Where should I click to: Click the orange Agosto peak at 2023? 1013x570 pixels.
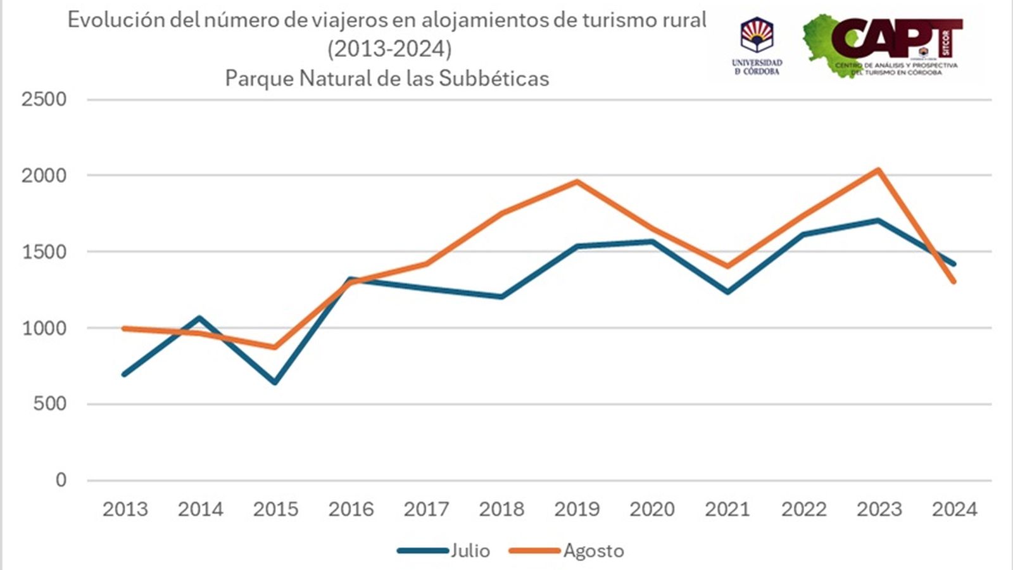(878, 170)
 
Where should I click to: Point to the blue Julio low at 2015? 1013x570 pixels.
(275, 383)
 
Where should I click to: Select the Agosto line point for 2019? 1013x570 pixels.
(577, 182)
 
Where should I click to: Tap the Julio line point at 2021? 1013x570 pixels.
(728, 292)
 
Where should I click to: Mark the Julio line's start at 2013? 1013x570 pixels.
(125, 374)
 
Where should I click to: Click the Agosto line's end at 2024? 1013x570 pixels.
(953, 281)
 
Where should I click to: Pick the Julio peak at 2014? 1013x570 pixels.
(200, 317)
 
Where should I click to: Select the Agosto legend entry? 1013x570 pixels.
(567, 550)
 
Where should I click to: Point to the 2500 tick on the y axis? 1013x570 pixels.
(44, 99)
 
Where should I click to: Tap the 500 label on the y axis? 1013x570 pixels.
(50, 404)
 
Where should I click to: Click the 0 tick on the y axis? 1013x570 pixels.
(61, 480)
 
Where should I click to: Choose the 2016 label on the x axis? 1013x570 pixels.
(351, 509)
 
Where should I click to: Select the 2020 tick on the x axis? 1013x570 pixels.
(652, 509)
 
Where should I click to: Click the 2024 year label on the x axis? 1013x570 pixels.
(954, 509)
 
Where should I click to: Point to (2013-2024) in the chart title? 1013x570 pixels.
(389, 49)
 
